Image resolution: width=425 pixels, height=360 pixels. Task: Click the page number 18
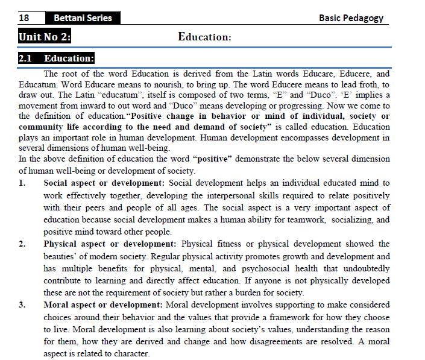(25, 17)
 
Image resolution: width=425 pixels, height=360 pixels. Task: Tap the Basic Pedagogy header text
(351, 17)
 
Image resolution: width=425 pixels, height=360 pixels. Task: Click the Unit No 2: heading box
(45, 37)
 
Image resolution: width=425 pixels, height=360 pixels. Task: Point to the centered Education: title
(204, 37)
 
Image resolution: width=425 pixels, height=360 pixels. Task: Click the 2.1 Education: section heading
(56, 59)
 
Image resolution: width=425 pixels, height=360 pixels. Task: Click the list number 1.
(22, 183)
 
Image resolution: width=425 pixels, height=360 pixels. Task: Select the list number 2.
(22, 244)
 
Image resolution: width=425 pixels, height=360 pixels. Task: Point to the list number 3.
(22, 305)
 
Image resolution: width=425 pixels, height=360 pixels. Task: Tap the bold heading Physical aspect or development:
(110, 244)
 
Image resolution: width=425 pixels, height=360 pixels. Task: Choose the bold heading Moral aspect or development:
(103, 305)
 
